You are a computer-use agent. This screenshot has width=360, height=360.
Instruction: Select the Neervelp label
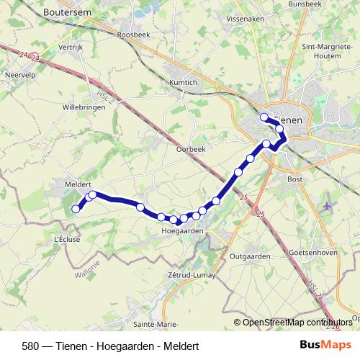point(19,73)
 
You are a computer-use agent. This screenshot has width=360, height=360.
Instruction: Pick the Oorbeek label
point(191,149)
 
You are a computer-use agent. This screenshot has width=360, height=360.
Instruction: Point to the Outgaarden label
point(249,256)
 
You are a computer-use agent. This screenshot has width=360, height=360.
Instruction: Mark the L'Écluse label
point(67,238)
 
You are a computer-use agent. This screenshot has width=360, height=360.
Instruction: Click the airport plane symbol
point(328,206)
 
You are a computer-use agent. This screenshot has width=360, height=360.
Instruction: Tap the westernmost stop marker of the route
point(76,210)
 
